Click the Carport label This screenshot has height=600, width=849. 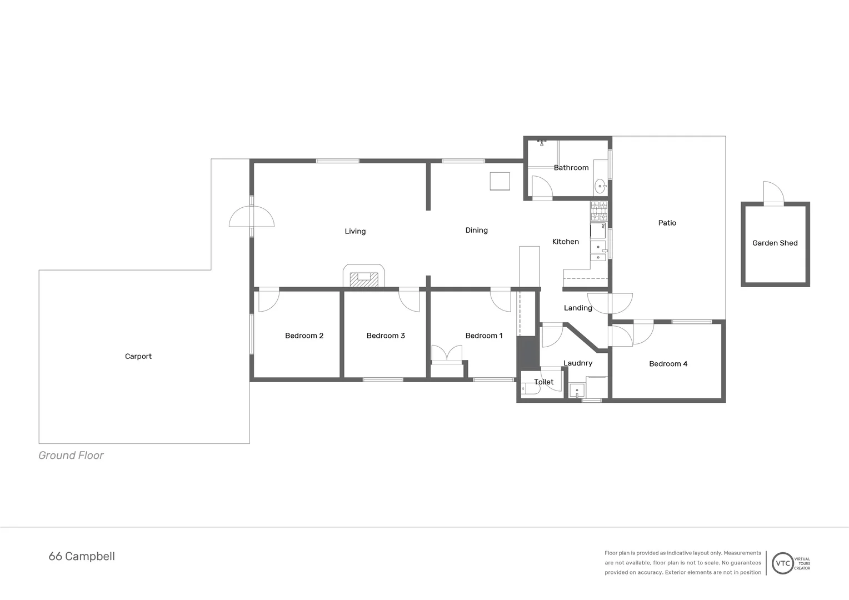(138, 357)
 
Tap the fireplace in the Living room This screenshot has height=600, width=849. (364, 277)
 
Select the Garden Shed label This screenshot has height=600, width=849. (775, 243)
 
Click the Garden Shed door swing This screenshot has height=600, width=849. (773, 193)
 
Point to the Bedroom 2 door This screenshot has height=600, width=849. (268, 300)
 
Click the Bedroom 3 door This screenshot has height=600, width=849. (409, 300)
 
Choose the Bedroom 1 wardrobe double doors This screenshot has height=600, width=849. (447, 354)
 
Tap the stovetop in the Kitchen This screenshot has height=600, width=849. (598, 211)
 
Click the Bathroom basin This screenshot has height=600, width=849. (600, 186)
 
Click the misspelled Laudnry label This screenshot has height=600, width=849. (578, 363)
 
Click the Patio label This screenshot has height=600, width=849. (667, 223)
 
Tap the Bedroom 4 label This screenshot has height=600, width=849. (668, 364)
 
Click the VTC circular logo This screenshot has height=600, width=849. (782, 563)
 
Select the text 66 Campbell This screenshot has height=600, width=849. (82, 557)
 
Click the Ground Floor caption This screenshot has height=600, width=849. (71, 456)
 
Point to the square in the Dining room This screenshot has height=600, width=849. (500, 181)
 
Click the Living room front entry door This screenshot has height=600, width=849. (252, 217)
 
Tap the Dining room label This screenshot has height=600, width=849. (476, 231)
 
